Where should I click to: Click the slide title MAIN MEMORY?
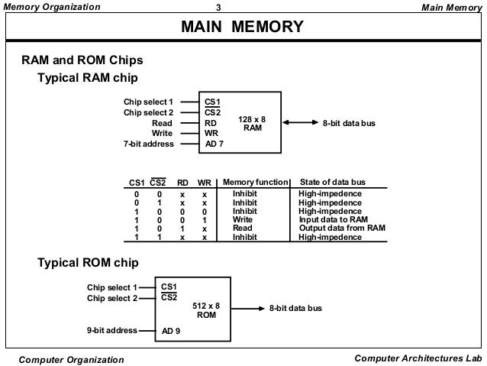point(242,28)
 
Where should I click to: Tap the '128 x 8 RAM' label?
point(252,124)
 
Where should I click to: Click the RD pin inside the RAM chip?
point(211,122)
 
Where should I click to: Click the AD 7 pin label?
point(214,144)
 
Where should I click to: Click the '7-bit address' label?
point(148,144)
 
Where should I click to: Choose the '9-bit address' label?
point(111,331)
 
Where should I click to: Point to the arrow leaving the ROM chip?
point(248,309)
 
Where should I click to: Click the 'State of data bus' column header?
point(333,182)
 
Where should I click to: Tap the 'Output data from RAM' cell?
point(341,228)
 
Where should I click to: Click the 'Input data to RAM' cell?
point(333,219)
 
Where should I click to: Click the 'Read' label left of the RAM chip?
point(162,122)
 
